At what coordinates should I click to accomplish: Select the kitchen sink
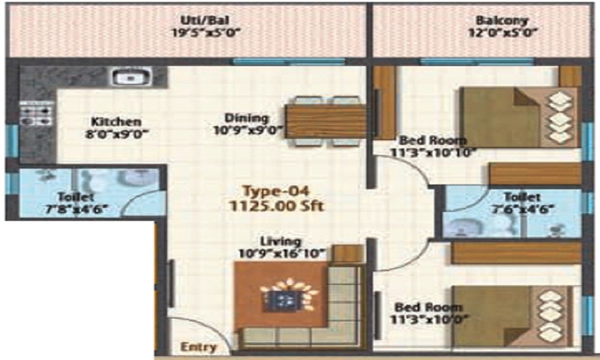click(x=129, y=77)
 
